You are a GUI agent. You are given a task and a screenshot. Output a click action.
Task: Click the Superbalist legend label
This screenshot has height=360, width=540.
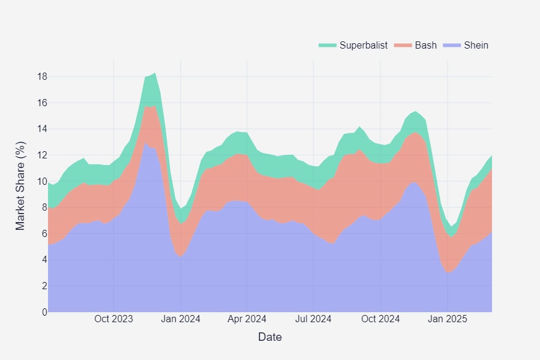[x=364, y=45]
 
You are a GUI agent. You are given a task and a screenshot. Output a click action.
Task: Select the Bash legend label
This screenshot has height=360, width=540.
[x=426, y=45]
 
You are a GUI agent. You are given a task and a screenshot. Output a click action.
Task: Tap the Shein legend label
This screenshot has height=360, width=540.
[x=476, y=45]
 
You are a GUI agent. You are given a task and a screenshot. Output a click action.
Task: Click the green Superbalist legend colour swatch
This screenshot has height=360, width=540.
[x=328, y=45]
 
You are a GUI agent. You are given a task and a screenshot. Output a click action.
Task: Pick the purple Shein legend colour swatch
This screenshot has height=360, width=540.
[x=452, y=45]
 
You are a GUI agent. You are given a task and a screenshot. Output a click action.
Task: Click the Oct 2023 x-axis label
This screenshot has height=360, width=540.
[x=114, y=319]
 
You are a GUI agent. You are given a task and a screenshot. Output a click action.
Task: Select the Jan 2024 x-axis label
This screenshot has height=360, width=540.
[x=181, y=319]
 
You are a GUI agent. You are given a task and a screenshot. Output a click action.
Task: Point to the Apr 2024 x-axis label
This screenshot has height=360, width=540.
[x=247, y=319]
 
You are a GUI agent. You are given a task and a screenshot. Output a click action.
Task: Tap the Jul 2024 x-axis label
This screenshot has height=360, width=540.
[x=313, y=319]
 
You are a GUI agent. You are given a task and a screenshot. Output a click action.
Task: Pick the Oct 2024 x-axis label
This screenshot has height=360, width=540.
[x=380, y=319]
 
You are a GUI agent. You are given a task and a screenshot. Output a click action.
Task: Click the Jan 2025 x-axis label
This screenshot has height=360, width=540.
[x=447, y=319]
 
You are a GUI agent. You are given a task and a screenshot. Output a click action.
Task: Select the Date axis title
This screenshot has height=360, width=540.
[x=270, y=337]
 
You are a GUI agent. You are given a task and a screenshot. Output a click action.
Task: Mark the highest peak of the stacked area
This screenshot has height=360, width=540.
[x=155, y=73]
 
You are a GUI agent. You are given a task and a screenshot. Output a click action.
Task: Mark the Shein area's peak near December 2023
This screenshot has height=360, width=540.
[x=145, y=143]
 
